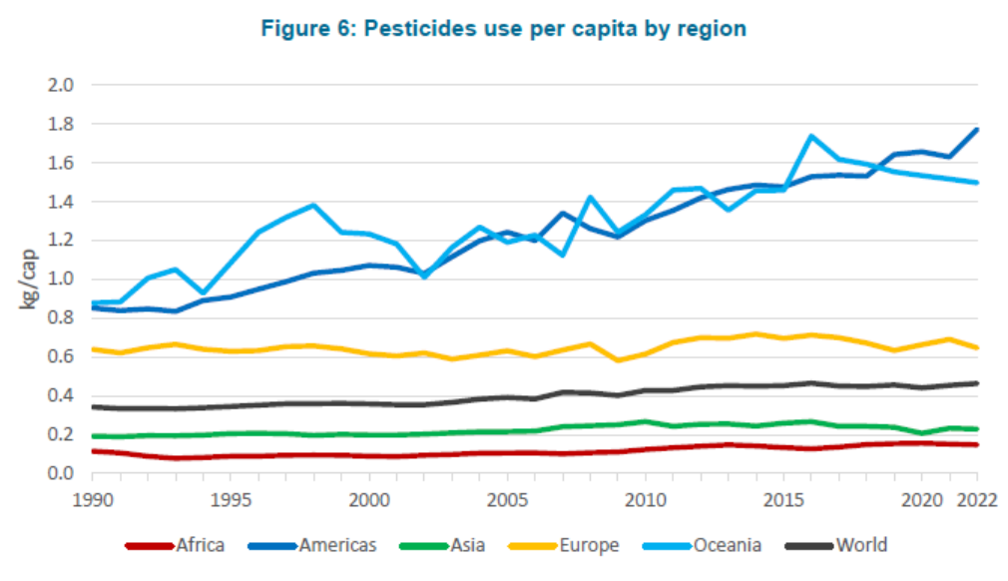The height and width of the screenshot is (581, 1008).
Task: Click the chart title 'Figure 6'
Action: (x=503, y=28)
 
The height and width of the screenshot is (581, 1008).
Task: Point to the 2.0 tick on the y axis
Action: (x=61, y=85)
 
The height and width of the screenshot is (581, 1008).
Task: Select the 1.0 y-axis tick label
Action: (x=61, y=280)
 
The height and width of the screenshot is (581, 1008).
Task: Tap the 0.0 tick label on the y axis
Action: (x=61, y=473)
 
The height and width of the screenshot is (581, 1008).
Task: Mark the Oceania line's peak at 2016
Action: (x=811, y=136)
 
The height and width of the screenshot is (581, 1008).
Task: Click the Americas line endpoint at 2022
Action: (x=977, y=130)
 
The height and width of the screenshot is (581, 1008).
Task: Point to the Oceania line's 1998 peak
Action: (x=313, y=206)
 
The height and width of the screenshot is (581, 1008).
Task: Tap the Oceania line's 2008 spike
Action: (x=590, y=197)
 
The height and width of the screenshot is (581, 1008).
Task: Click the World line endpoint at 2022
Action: (x=977, y=383)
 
